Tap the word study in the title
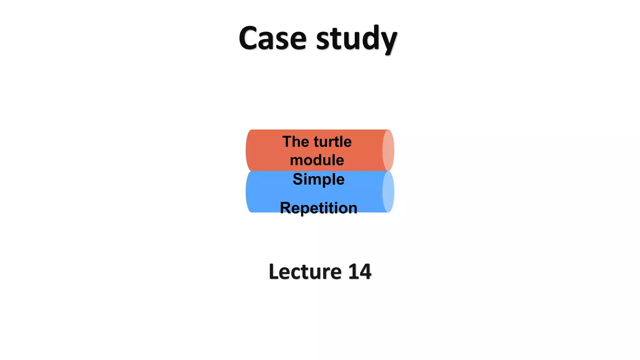point(356,39)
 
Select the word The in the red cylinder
point(296,142)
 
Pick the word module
point(317,160)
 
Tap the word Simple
point(318,179)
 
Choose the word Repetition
point(318,208)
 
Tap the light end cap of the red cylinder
point(388,150)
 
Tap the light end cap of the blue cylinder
point(388,192)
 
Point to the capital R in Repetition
point(285,208)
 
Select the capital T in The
point(287,142)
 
